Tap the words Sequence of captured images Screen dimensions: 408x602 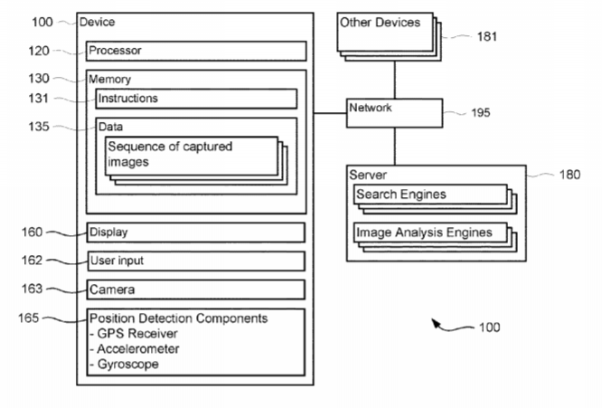[172, 154]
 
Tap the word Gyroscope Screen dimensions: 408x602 [127, 364]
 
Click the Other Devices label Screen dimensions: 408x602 [381, 23]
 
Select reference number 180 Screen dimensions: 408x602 [569, 175]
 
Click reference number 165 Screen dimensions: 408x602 [29, 318]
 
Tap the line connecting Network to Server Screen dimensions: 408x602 [395, 145]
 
